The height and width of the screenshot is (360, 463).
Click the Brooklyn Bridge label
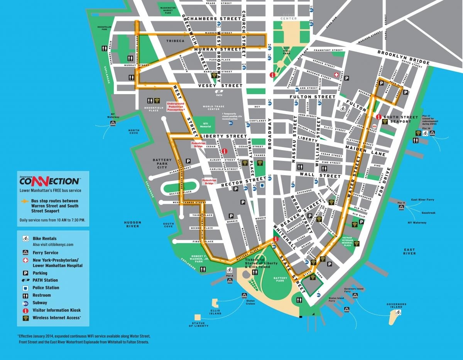coord(403,57)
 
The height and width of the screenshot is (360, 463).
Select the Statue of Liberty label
coord(198,325)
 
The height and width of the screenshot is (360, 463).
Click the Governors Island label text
coord(397,306)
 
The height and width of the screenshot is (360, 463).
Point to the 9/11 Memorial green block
coord(204,125)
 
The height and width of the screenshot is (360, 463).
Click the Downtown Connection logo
coord(50,181)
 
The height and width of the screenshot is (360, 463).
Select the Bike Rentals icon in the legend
coord(25,238)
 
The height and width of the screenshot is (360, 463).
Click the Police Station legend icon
coord(25,288)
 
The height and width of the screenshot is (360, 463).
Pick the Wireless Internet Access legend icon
coord(25,318)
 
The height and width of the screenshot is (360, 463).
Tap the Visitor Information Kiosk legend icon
coord(25,310)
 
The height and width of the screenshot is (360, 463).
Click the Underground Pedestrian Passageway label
coord(176,107)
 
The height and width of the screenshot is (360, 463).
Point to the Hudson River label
coord(132,224)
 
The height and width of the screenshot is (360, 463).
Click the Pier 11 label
coord(402,203)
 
